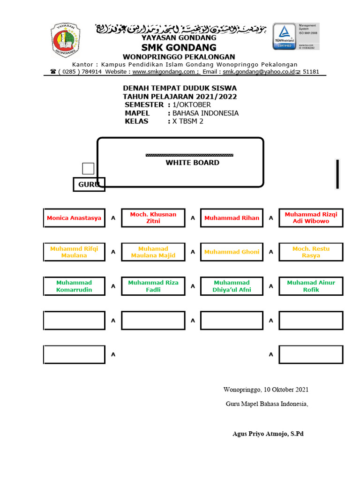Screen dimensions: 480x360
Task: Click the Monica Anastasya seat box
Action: pyautogui.click(x=74, y=218)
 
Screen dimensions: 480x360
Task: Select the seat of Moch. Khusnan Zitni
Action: pyautogui.click(x=153, y=218)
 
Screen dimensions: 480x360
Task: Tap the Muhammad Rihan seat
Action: pyautogui.click(x=232, y=218)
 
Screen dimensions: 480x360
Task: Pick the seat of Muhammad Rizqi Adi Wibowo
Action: pyautogui.click(x=311, y=218)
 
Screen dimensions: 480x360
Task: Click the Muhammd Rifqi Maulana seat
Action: pyautogui.click(x=74, y=252)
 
